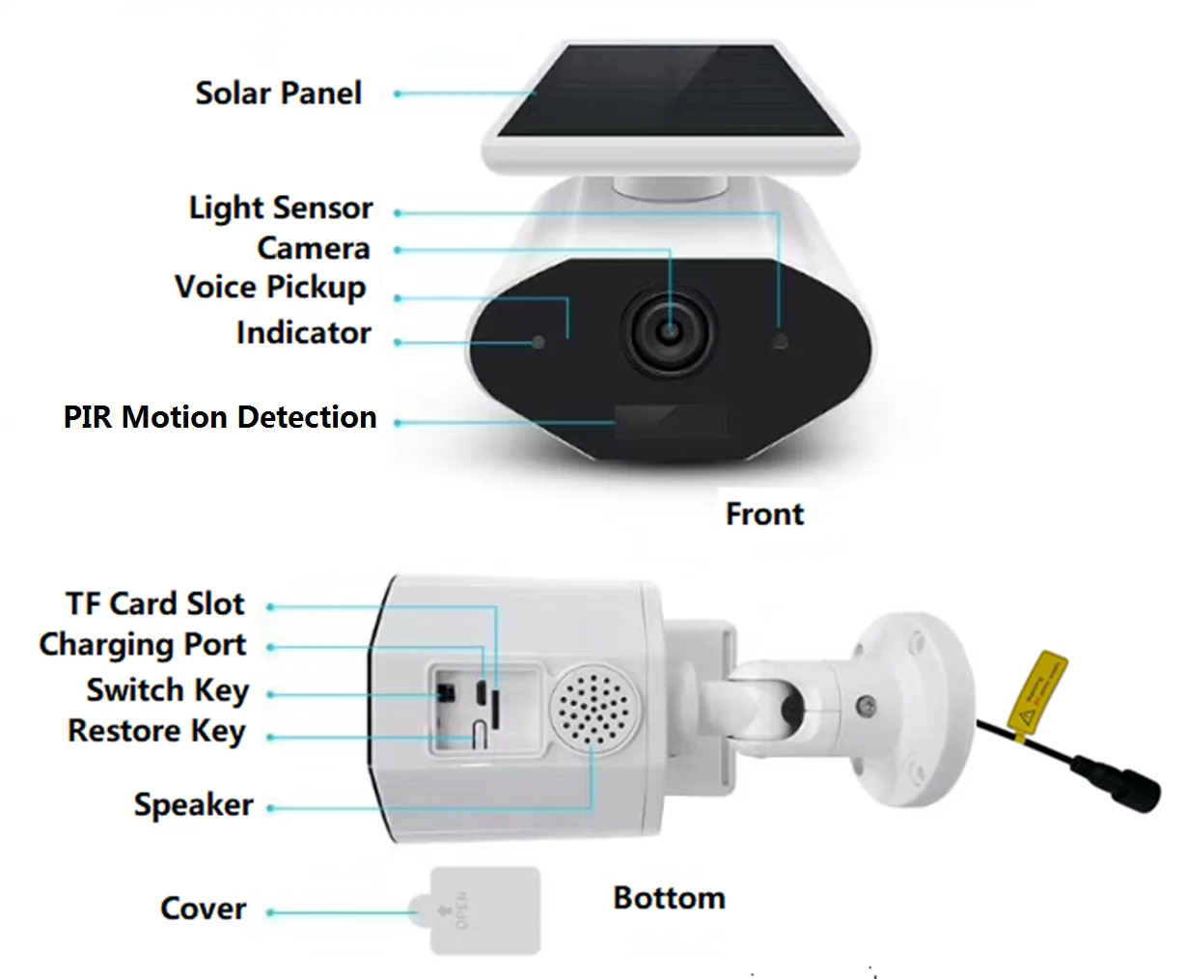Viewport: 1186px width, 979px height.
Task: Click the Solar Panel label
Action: (x=279, y=94)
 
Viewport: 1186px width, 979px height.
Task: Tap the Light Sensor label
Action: (x=281, y=208)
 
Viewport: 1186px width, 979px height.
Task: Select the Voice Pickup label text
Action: (x=270, y=288)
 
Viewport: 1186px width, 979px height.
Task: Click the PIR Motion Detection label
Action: (x=220, y=417)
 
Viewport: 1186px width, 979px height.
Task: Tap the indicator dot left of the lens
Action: (x=538, y=342)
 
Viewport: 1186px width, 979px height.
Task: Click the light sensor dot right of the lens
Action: (x=780, y=341)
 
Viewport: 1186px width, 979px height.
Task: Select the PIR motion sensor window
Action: (x=671, y=422)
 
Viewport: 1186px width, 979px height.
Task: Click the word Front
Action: (x=764, y=514)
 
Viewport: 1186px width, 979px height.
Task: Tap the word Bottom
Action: (x=669, y=898)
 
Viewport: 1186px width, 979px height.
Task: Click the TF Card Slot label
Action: (x=155, y=604)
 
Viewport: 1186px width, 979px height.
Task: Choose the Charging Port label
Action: (x=143, y=645)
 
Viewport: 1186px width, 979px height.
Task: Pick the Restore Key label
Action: (x=157, y=732)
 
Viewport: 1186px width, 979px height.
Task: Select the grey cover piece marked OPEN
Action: (x=483, y=909)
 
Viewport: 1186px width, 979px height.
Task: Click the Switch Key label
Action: (x=168, y=690)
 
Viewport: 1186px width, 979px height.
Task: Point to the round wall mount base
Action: (x=913, y=710)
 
